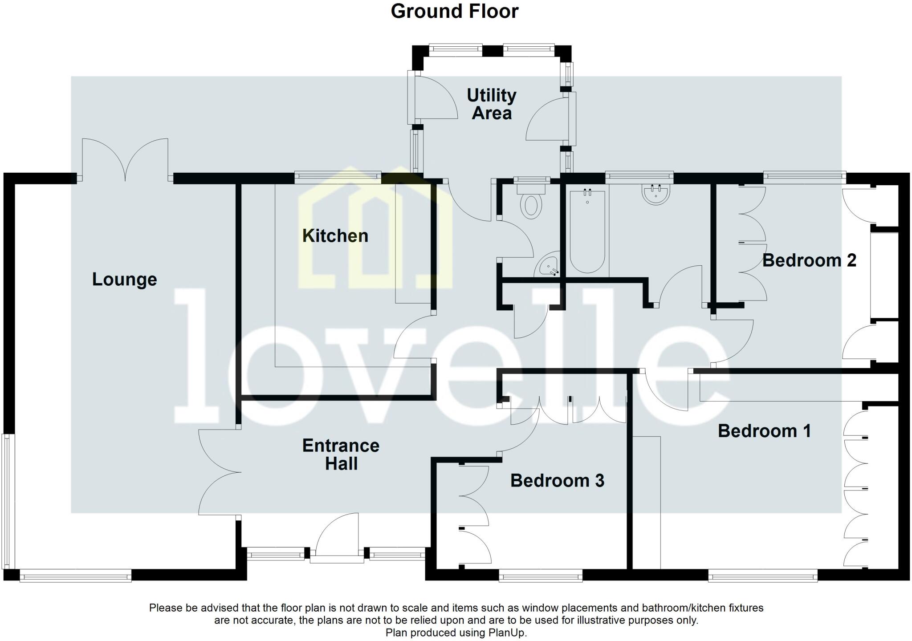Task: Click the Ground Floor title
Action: coord(454,12)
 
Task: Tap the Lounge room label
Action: coord(124,280)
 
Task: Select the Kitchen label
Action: coord(335,236)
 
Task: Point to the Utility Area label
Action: coord(491,104)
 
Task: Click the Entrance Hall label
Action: coord(341,454)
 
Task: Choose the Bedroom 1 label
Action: coord(764,431)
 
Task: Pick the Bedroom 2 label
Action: coord(809,260)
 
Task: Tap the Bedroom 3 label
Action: coord(557,481)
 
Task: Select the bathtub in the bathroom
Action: coord(587,231)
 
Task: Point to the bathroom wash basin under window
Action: coord(656,195)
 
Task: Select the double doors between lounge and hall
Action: coord(218,472)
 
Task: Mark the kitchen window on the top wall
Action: coord(338,178)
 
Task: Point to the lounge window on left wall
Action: coord(9,501)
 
